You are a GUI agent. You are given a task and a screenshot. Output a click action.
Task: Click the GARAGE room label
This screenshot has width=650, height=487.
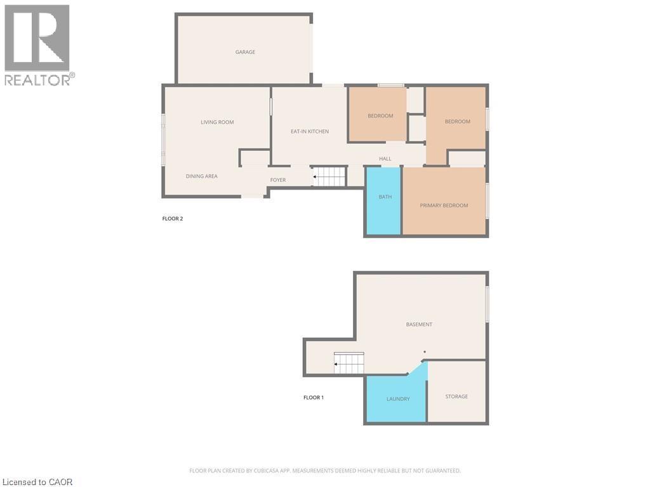[x=245, y=52]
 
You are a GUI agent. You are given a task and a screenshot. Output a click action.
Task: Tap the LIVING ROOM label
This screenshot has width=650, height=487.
[x=217, y=122]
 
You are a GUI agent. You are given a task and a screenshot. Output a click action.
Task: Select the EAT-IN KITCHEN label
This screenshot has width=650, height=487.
[x=310, y=131]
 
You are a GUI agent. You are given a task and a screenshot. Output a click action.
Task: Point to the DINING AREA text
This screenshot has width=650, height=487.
[x=201, y=176]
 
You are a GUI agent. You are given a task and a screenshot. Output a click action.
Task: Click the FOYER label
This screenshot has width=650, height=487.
[x=278, y=180]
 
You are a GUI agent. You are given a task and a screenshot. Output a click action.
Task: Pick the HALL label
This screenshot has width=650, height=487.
[x=385, y=159]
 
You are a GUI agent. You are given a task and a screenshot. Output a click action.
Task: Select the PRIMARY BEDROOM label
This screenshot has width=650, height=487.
[x=444, y=205]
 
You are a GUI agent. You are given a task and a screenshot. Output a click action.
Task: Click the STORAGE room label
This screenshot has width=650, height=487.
[x=456, y=396]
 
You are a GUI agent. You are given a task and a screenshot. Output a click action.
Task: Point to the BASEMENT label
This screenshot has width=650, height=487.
[x=419, y=324]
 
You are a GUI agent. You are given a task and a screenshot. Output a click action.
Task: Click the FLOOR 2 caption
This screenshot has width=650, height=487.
[x=173, y=219]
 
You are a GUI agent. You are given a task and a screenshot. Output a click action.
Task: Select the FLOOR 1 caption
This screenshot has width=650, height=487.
[x=314, y=398]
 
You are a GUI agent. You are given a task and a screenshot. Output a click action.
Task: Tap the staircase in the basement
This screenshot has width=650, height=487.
[x=350, y=363]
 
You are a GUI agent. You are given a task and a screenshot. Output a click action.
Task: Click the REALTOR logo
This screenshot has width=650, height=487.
[x=38, y=44]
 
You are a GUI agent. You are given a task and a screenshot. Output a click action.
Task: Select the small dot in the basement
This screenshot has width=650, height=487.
[x=425, y=352]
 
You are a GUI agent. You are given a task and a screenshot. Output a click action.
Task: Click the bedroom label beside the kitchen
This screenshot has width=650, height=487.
[x=380, y=116]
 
